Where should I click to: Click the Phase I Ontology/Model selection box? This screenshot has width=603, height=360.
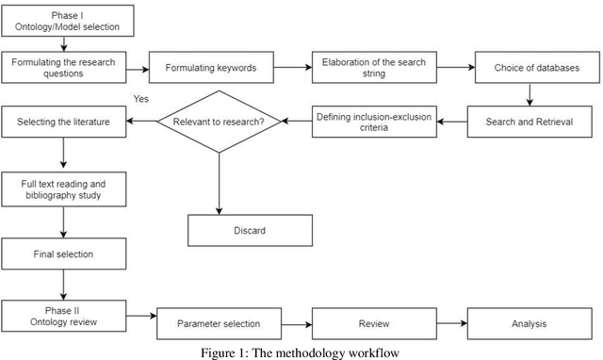tap(67, 21)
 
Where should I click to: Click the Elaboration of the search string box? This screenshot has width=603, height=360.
tap(372, 69)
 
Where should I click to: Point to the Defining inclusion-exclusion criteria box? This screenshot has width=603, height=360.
tap(372, 121)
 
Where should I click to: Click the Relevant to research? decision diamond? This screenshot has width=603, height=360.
tap(220, 121)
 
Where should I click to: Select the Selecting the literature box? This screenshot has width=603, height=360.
tap(62, 121)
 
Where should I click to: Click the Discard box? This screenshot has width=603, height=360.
tap(250, 230)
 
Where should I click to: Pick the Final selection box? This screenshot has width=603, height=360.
tap(62, 253)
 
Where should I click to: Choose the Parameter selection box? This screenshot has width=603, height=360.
tap(219, 323)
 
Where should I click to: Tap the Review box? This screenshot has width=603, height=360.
tap(374, 323)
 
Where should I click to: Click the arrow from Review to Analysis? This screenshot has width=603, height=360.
tap(451, 323)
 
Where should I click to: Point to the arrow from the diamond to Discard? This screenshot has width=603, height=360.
tap(220, 184)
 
